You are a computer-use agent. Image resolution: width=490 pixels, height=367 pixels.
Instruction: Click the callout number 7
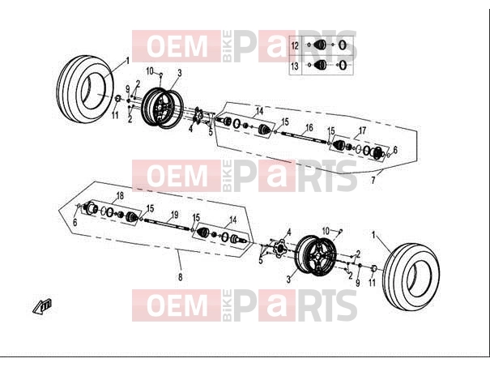pos(373,181)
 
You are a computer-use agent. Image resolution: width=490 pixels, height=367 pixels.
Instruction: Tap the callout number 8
pos(181,277)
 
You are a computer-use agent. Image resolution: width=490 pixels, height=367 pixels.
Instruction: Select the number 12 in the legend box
pos(295,46)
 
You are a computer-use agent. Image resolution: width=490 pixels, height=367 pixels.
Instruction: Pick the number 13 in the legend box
pos(295,66)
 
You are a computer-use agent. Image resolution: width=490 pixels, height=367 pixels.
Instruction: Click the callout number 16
pos(309,127)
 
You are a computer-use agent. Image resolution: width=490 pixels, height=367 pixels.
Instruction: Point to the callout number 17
pos(362,130)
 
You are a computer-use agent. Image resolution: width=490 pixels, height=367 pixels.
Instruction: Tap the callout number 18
pos(120,196)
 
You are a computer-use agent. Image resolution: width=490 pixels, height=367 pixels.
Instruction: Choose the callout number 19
pos(174,215)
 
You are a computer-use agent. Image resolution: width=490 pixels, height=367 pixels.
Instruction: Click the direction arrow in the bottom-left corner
pos(42,306)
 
